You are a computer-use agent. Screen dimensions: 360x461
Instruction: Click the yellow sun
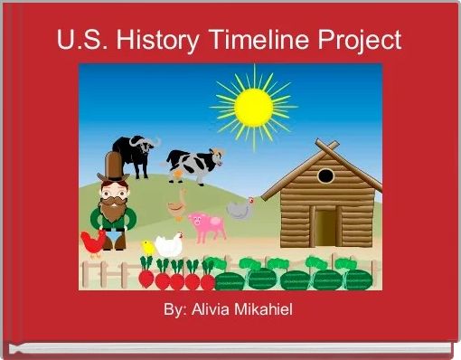pos(254,106)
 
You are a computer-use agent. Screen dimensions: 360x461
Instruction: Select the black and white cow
pos(193,166)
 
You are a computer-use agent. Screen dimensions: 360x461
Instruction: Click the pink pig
pos(207,225)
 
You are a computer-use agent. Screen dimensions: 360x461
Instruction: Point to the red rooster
pos(92,242)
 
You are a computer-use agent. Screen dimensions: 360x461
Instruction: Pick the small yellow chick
pos(149,247)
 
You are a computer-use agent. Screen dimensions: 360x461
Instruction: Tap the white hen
pos(169,245)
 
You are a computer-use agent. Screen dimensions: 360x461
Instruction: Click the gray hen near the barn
pos(239,211)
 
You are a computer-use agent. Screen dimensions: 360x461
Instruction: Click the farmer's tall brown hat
pos(113,166)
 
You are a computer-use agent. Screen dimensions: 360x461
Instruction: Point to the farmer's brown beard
pos(113,210)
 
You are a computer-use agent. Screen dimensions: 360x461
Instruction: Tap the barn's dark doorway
pos(325,226)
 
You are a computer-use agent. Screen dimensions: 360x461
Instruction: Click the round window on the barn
pos(325,175)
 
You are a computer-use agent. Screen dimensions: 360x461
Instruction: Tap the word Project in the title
pos(357,42)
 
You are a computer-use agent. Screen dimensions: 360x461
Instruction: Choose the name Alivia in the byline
pos(209,310)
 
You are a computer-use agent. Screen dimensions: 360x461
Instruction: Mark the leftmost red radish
pos(146,276)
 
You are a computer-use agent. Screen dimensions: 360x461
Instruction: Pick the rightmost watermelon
pos(358,278)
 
